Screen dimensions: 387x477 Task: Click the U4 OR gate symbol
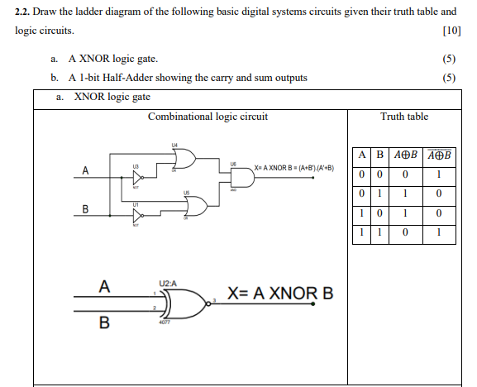tap(183, 158)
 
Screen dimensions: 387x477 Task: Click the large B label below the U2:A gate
tap(104, 322)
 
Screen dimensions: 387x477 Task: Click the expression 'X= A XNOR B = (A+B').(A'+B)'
tap(295, 168)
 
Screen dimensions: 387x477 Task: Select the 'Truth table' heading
tap(403, 117)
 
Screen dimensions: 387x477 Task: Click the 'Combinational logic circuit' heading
tap(207, 117)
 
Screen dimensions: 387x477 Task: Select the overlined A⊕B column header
tap(439, 155)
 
